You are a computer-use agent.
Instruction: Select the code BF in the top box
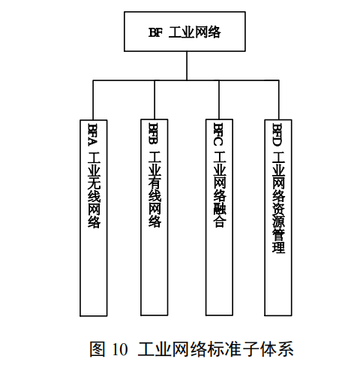(155, 32)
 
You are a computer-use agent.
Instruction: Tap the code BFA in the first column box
(94, 134)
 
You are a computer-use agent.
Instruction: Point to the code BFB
(154, 133)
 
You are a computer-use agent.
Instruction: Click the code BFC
(219, 134)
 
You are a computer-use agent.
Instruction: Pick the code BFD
(278, 134)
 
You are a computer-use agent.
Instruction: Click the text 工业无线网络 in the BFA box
(94, 190)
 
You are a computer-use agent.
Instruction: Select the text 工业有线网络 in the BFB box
(154, 189)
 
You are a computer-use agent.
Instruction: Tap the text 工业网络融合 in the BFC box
(220, 189)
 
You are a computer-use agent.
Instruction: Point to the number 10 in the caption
(120, 349)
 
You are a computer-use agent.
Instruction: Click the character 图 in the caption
(97, 349)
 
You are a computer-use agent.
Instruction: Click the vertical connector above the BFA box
(93, 100)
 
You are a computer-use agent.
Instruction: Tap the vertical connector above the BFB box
(154, 100)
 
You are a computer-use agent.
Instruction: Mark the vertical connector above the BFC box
(219, 100)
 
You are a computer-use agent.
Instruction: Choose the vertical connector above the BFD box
(278, 100)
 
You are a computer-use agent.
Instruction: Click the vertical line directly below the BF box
(187, 66)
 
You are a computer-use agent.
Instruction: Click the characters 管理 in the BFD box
(278, 241)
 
